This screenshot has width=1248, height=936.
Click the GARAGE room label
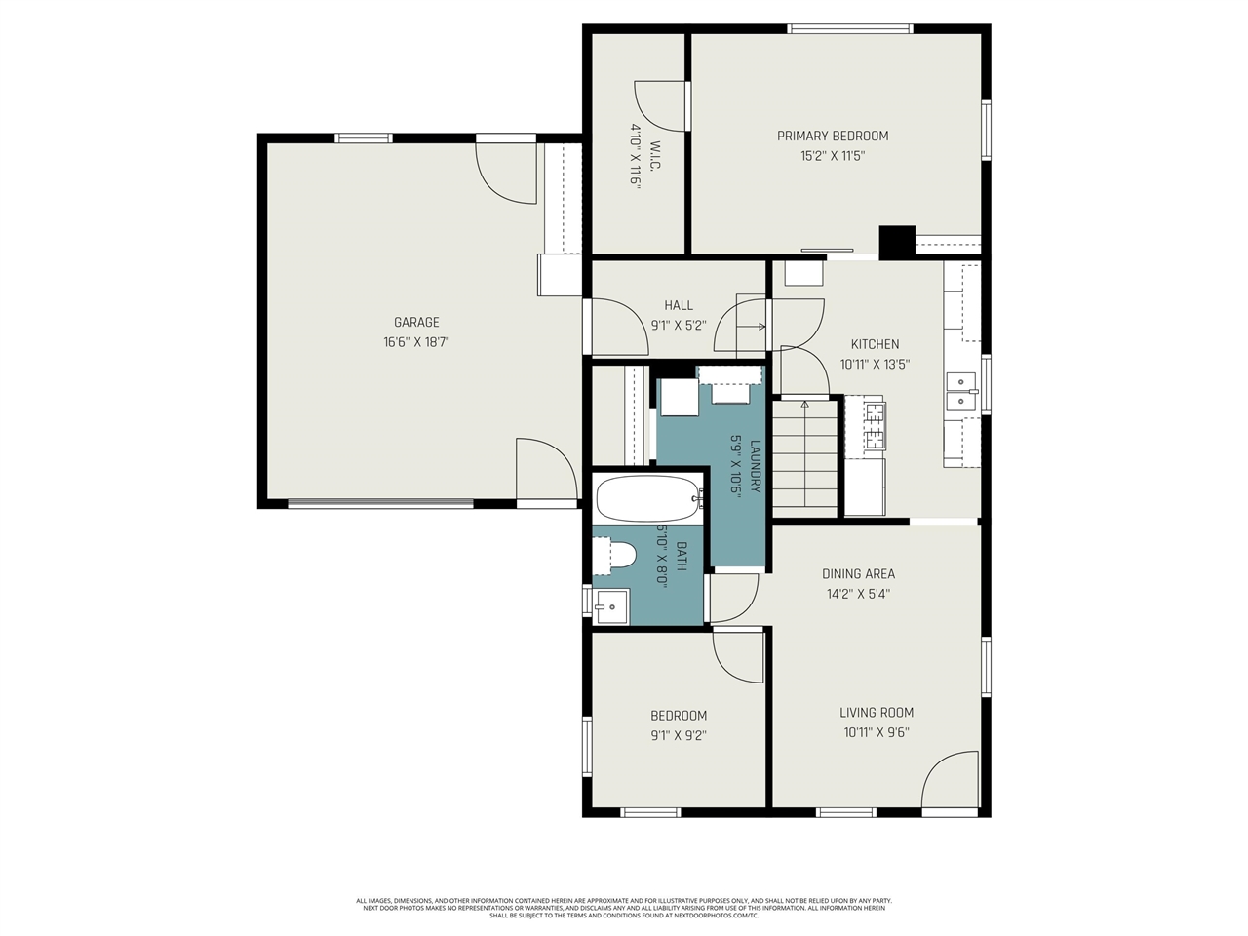click(x=416, y=322)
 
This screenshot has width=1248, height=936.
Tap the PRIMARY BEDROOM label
click(x=832, y=136)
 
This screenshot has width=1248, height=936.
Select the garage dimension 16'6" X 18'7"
click(x=416, y=342)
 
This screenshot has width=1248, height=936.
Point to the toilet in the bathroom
click(x=615, y=556)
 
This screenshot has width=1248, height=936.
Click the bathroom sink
click(x=611, y=605)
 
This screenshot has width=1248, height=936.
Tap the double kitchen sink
click(x=960, y=390)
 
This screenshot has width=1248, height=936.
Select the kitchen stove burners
click(x=875, y=426)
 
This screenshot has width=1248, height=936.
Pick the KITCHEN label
click(x=875, y=344)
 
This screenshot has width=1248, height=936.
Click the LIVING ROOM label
click(x=877, y=713)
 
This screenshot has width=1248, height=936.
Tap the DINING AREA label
click(x=858, y=574)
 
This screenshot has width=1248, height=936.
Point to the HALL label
click(x=679, y=305)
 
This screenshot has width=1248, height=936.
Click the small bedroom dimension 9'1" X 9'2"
click(x=679, y=736)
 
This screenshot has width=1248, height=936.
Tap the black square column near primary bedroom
click(x=897, y=243)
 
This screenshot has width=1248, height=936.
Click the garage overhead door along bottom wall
click(x=380, y=504)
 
